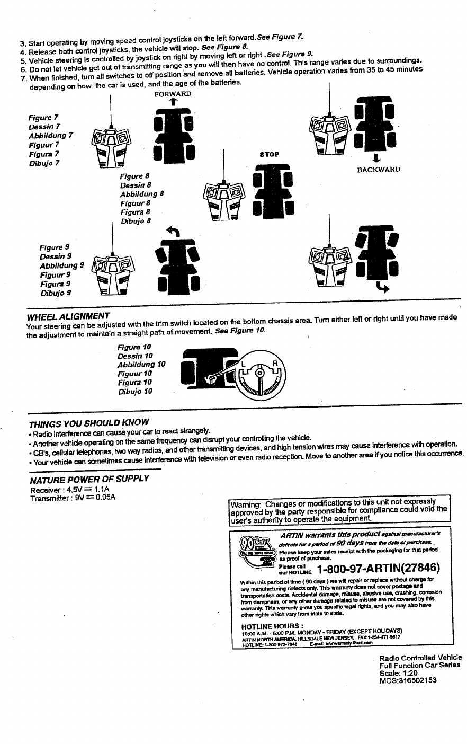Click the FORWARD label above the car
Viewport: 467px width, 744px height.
pyautogui.click(x=173, y=94)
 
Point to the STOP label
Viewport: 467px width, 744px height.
pyautogui.click(x=269, y=154)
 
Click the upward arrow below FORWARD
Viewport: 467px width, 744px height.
pyautogui.click(x=173, y=103)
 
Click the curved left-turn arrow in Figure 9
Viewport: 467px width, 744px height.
pyautogui.click(x=173, y=231)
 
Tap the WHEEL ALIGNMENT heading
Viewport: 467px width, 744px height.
pyautogui.click(x=68, y=317)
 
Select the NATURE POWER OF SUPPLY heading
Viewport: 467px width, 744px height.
pyautogui.click(x=89, y=479)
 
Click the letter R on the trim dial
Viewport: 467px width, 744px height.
pyautogui.click(x=275, y=364)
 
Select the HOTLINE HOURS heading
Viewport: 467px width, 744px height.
pyautogui.click(x=270, y=626)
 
